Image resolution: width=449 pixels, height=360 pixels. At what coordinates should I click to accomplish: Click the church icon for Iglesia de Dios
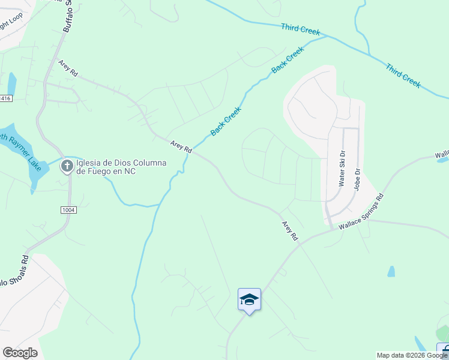(x=67, y=166)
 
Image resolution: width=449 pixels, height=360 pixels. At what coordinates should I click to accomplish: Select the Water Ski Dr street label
(x=342, y=169)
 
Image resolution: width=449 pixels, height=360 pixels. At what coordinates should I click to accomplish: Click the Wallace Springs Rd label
(x=360, y=212)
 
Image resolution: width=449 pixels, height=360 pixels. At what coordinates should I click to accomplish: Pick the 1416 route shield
(x=5, y=98)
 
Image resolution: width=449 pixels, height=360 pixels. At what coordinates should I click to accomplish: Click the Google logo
(x=20, y=352)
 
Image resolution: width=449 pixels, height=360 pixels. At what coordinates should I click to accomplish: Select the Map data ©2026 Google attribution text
(x=412, y=355)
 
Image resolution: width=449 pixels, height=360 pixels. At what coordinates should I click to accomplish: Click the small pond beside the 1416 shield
(x=12, y=83)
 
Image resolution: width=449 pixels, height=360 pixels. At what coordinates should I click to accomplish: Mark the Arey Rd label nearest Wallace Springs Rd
(x=290, y=231)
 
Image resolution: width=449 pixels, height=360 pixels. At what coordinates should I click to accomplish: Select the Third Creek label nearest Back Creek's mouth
(x=301, y=29)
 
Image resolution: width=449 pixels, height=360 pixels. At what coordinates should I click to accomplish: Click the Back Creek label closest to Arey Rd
(x=226, y=121)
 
